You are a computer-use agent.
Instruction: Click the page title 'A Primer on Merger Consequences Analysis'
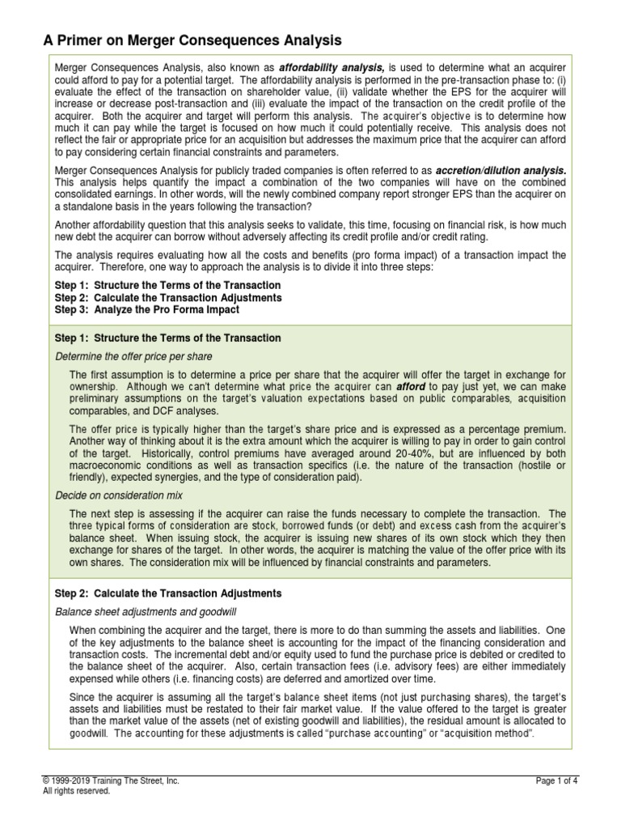tap(192, 40)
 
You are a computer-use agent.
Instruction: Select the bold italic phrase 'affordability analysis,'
tap(322, 66)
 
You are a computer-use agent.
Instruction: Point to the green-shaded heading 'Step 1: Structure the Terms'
tap(167, 338)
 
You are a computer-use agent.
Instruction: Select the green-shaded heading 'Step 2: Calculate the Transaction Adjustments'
tap(167, 593)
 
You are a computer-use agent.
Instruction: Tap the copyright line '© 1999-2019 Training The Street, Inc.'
tap(110, 780)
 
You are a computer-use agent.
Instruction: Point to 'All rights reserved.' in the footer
tap(76, 790)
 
